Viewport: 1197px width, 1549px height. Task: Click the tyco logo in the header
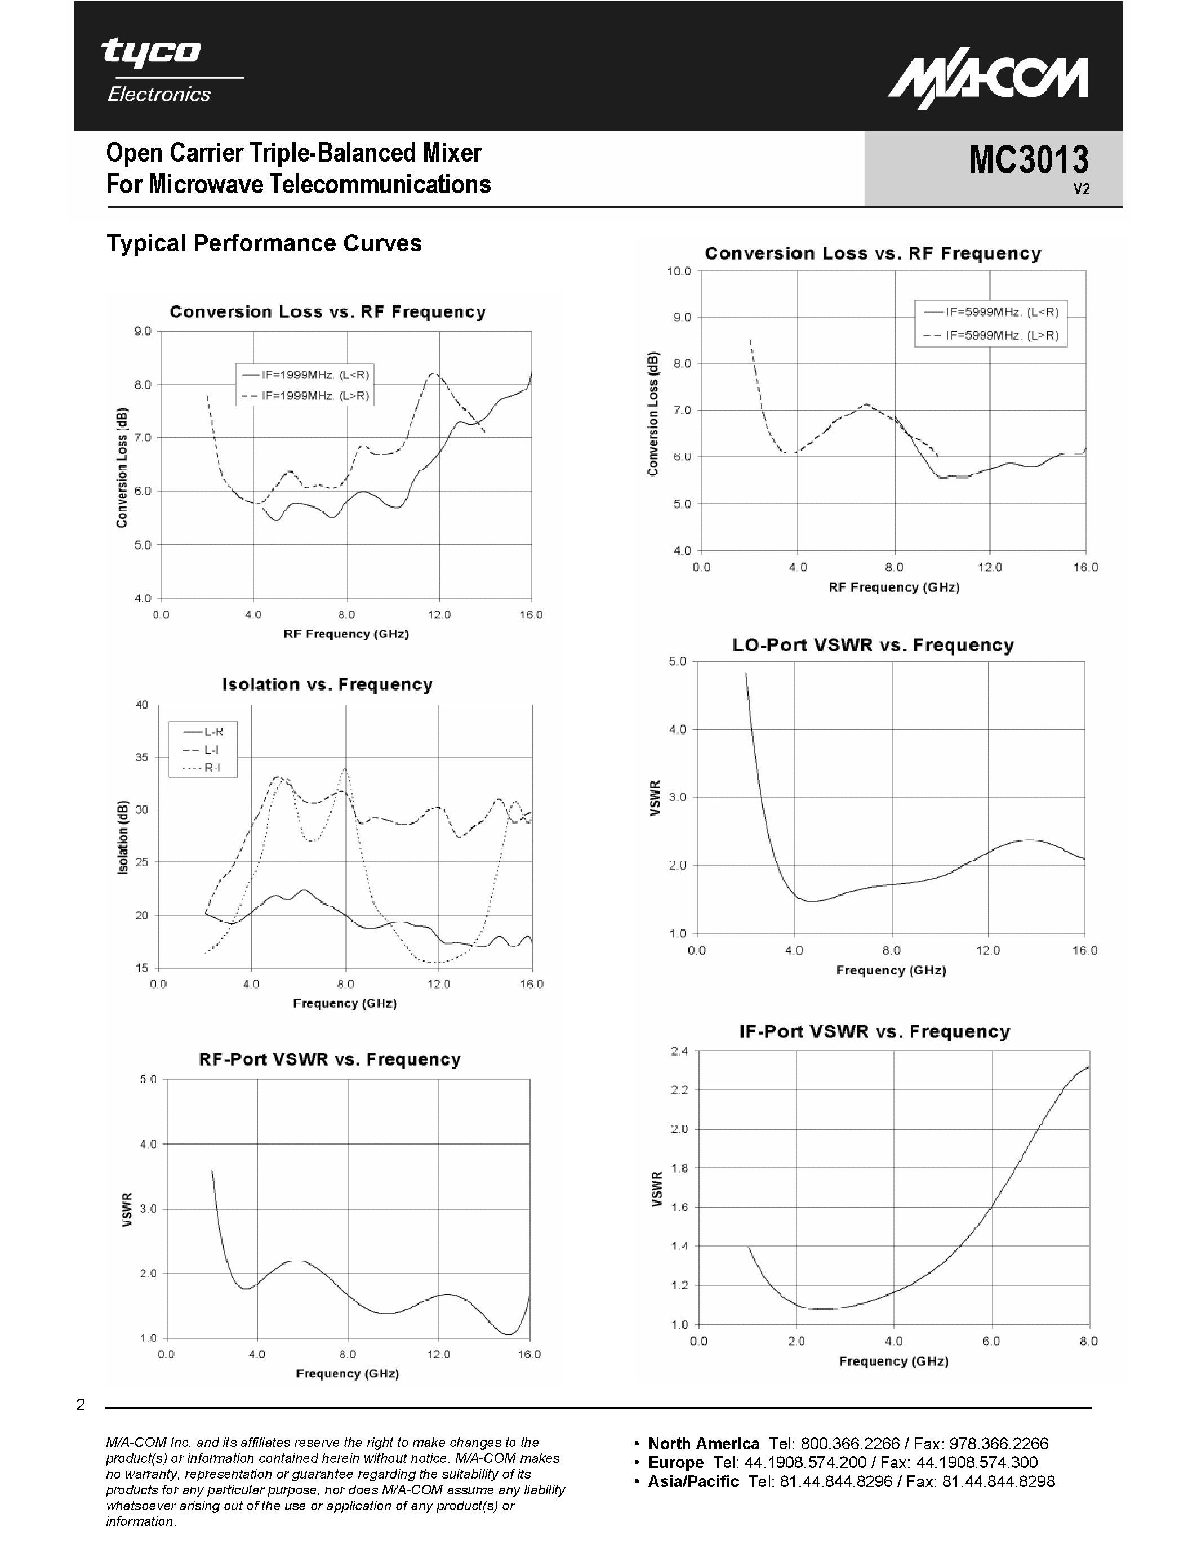(151, 52)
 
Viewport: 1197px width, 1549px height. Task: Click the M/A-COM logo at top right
(988, 84)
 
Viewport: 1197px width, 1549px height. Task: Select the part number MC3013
(1028, 159)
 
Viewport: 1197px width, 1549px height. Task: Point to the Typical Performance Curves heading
(264, 243)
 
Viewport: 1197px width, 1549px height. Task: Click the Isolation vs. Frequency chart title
(327, 684)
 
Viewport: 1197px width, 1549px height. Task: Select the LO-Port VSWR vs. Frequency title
(873, 646)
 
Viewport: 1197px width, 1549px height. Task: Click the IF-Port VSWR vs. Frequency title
(874, 1032)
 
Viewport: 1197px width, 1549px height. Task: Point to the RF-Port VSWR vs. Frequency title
(330, 1060)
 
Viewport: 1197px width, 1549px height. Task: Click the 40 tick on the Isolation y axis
(142, 705)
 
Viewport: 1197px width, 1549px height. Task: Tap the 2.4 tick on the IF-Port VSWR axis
(679, 1051)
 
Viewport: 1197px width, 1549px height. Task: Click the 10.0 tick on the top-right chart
(679, 271)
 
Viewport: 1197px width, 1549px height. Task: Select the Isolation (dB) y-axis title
(123, 837)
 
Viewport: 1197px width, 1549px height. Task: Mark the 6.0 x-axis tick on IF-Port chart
(991, 1341)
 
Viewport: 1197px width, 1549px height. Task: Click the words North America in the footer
(704, 1444)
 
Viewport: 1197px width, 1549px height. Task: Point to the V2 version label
(1081, 189)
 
